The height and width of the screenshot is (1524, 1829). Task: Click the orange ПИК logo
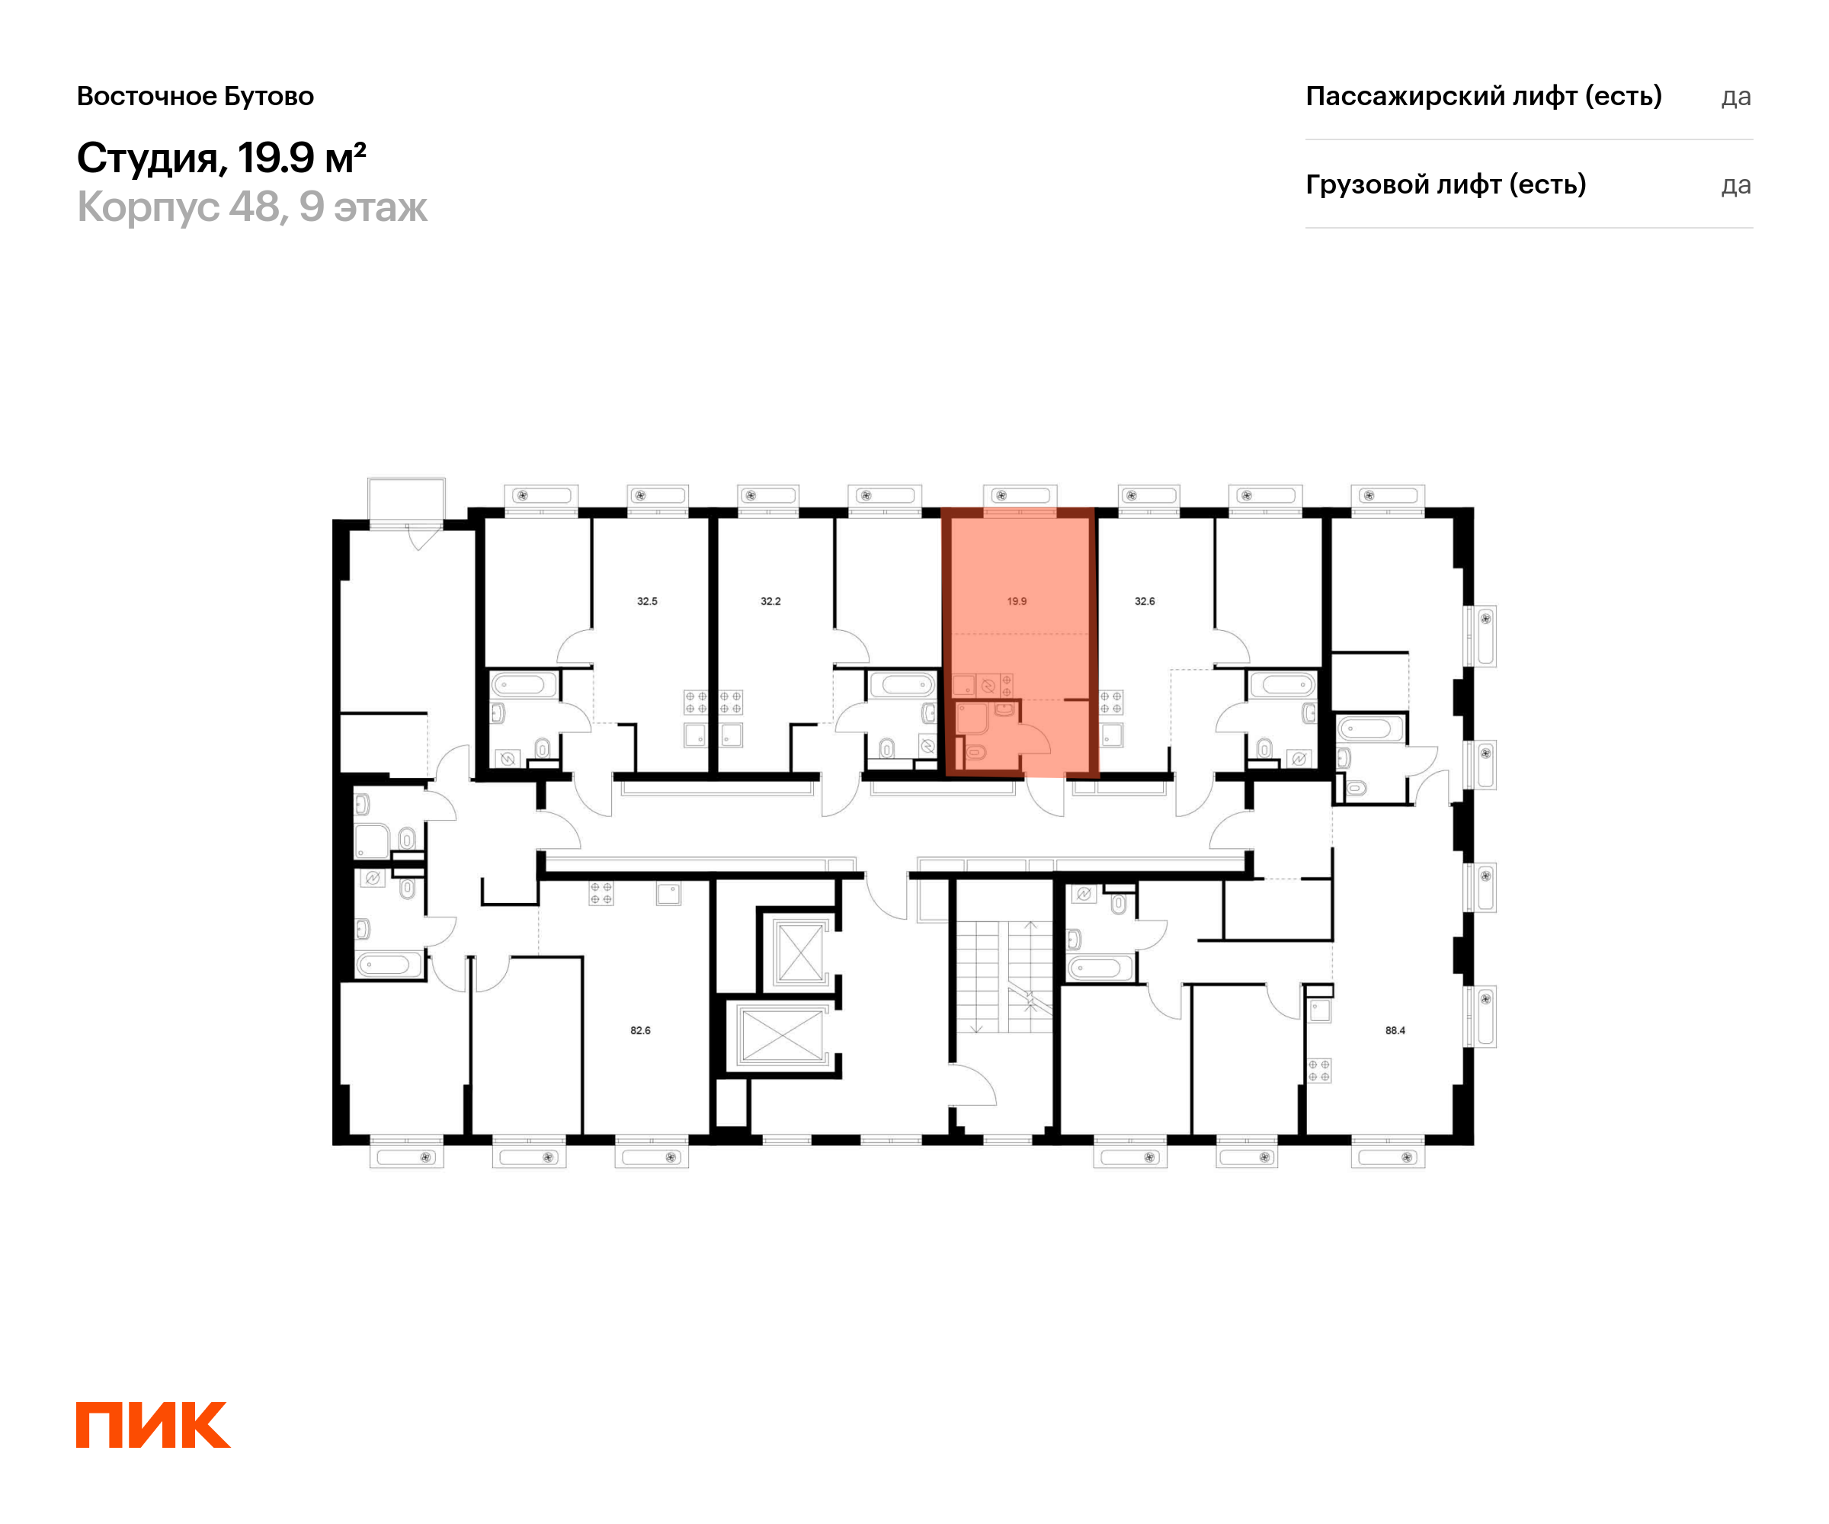[x=153, y=1425]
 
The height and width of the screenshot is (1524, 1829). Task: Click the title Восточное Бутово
[x=195, y=96]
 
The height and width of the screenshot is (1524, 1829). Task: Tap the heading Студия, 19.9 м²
[x=221, y=158]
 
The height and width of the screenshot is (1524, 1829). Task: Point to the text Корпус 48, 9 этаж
[x=251, y=207]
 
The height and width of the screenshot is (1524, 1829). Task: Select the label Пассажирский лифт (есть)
[x=1483, y=96]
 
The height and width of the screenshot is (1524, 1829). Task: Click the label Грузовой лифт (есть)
[x=1446, y=184]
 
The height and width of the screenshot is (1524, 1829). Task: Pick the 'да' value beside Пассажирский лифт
[x=1736, y=97]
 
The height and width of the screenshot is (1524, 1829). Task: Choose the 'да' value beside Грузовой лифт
[x=1736, y=185]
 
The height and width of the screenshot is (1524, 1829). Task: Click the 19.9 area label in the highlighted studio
[x=1017, y=601]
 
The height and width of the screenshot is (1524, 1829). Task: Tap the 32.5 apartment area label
[x=647, y=601]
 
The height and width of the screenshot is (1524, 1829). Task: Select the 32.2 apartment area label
[x=770, y=601]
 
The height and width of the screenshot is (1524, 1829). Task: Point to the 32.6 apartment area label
[x=1145, y=601]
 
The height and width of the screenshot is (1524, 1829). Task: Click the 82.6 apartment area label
[x=640, y=1030]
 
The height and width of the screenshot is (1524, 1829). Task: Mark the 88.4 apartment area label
[x=1395, y=1030]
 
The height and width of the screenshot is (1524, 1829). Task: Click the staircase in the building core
[x=1004, y=975]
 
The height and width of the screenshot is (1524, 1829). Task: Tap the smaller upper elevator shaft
[x=799, y=952]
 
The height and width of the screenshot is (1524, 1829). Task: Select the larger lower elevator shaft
[x=782, y=1035]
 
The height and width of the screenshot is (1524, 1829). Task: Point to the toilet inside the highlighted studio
[x=975, y=751]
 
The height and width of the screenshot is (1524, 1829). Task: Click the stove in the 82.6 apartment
[x=601, y=892]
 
